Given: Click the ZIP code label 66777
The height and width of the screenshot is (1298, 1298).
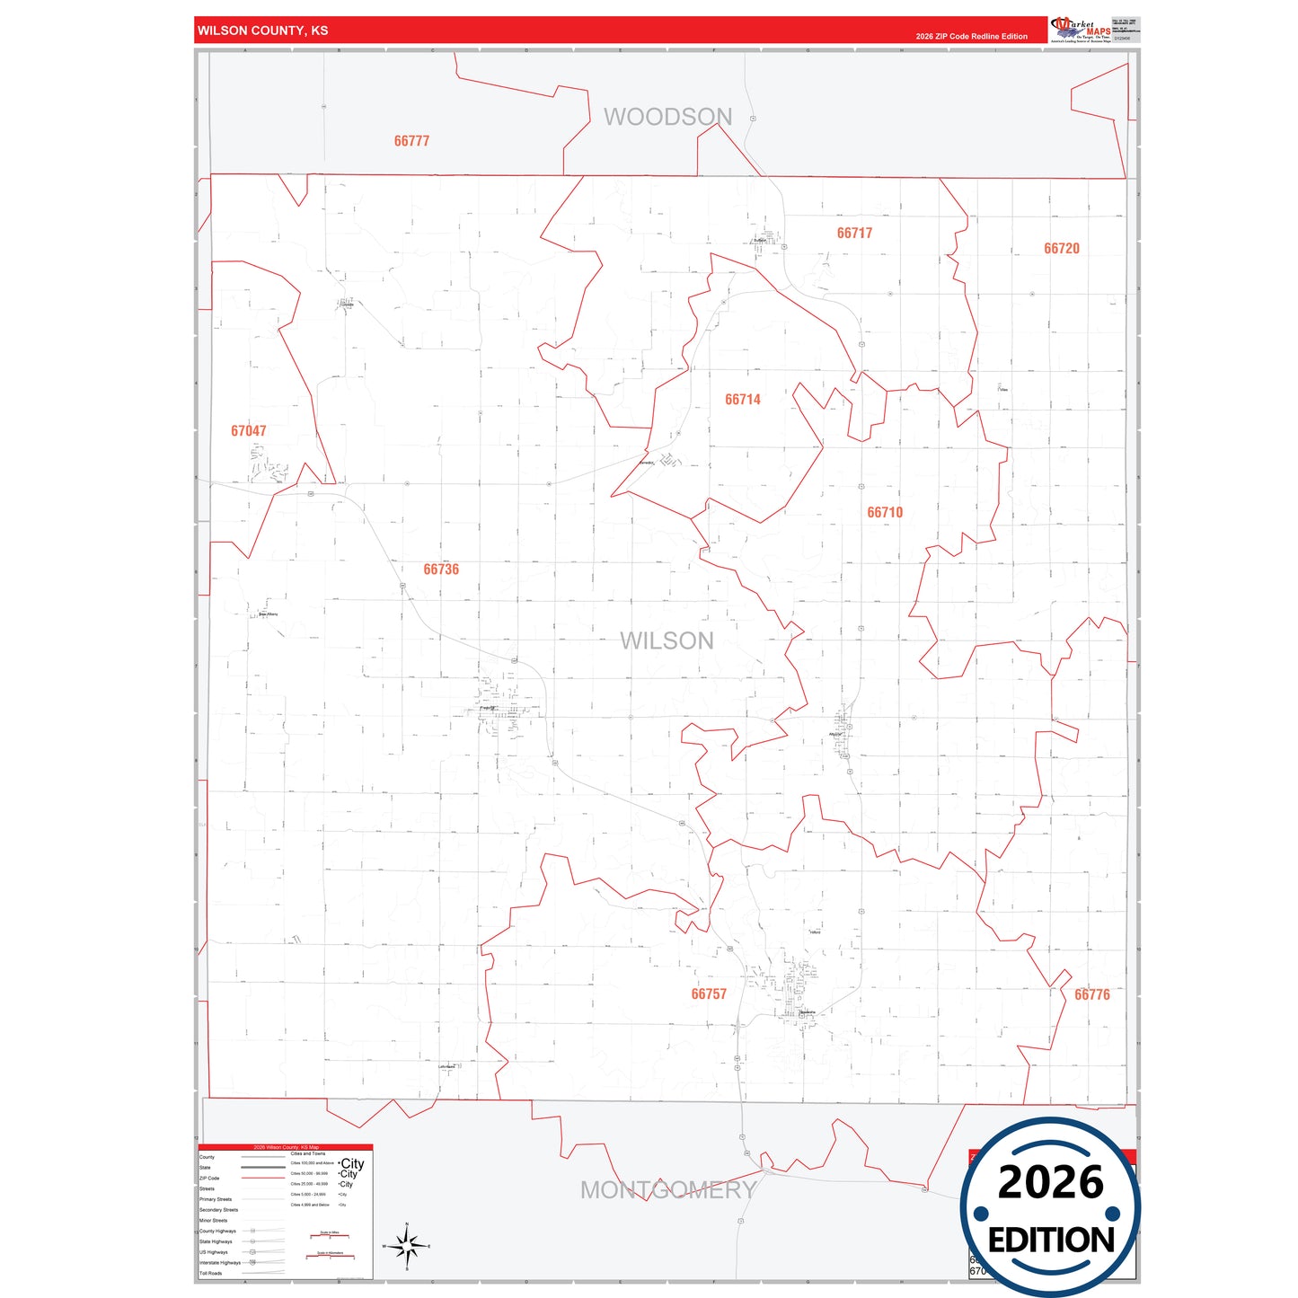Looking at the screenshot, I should [411, 141].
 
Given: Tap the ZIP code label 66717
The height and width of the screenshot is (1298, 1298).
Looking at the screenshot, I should [854, 234].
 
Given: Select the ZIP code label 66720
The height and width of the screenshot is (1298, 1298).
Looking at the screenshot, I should [1061, 249].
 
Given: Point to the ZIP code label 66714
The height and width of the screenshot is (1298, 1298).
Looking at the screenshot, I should [742, 400].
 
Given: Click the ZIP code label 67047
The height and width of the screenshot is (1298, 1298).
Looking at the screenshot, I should [248, 431].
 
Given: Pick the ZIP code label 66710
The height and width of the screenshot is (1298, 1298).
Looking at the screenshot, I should [884, 513].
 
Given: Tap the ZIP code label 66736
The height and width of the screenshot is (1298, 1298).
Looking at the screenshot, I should [441, 570].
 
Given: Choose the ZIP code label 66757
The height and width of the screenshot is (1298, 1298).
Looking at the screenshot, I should [708, 994].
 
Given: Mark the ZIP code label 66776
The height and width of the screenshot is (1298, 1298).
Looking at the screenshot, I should [1091, 995].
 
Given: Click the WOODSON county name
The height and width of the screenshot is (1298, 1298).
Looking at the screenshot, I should [667, 117].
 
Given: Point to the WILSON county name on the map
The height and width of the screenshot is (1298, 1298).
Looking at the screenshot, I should [667, 640].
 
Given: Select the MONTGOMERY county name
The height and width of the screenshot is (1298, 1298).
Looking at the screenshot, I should [667, 1190].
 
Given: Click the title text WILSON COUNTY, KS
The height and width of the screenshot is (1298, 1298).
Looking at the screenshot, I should [263, 31].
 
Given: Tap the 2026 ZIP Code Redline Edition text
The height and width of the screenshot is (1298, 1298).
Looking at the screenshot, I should [971, 37].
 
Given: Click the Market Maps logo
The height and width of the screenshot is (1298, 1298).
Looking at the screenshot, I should [1082, 30].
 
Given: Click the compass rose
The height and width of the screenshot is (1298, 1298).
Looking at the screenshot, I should [407, 1247].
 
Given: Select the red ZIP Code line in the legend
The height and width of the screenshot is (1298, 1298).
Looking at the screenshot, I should [263, 1178].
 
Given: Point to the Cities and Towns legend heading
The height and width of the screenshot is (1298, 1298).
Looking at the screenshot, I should [307, 1153].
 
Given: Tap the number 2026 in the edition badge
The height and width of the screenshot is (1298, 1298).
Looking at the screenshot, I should [1050, 1183].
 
